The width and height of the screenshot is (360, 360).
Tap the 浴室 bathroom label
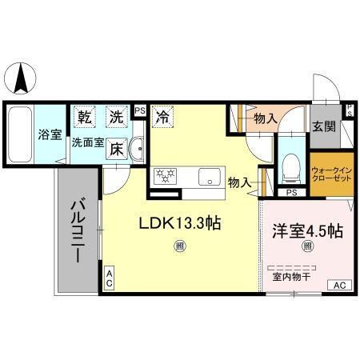click(50, 134)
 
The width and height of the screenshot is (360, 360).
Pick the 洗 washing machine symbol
click(117, 117)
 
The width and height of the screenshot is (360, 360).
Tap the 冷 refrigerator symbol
click(162, 117)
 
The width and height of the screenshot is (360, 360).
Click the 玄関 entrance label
click(324, 126)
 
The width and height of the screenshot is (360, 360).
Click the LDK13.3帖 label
click(181, 225)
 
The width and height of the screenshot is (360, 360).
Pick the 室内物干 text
click(291, 277)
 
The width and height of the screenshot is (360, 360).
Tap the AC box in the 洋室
click(339, 285)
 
